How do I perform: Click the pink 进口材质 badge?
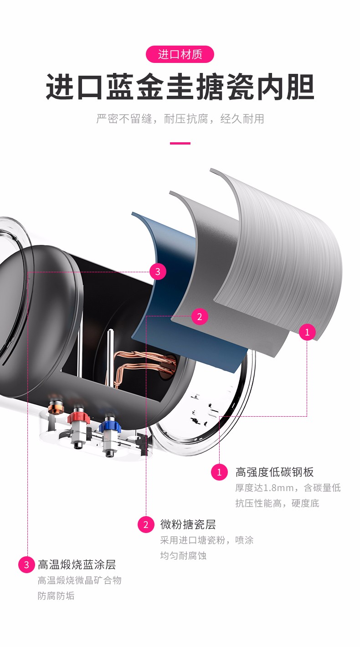180,55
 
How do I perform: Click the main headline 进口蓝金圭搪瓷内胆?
180,87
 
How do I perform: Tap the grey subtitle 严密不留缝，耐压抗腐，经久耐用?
180,119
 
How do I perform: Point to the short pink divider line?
180,144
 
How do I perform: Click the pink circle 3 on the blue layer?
158,272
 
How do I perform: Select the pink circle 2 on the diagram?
200,316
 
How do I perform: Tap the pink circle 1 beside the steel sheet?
307,332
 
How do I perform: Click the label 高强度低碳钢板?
274,472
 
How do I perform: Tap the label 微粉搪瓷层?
188,524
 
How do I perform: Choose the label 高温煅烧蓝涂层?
77,564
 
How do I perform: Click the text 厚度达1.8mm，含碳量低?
288,488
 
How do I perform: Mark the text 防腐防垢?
56,596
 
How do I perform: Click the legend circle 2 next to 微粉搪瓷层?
146,525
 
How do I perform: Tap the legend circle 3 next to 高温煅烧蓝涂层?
26,565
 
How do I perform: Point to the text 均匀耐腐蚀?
183,556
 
